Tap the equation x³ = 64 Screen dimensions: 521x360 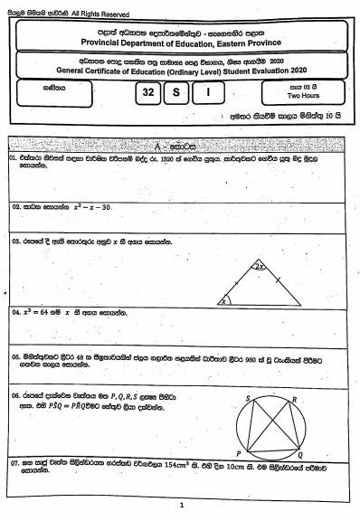click(35, 312)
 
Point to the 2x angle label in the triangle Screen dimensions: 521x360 click(260, 267)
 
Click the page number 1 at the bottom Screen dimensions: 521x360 click(182, 506)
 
